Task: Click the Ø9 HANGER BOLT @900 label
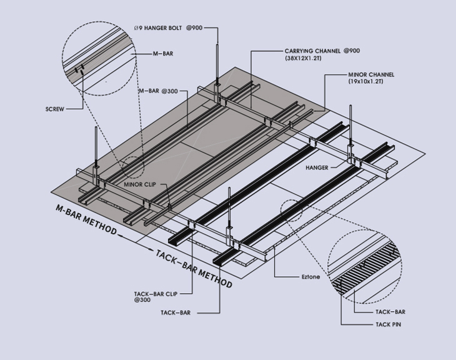coord(168,27)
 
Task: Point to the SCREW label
coord(56,108)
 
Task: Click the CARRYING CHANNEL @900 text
coord(322,51)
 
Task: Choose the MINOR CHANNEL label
coord(371,74)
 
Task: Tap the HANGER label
coord(317,168)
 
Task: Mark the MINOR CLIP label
coord(139,185)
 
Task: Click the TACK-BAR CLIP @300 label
coord(156,296)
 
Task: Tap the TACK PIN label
coord(389,324)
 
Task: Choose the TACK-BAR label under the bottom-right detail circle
coord(390,311)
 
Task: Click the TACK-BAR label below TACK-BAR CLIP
coord(176,312)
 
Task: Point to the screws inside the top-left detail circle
coord(78,71)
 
